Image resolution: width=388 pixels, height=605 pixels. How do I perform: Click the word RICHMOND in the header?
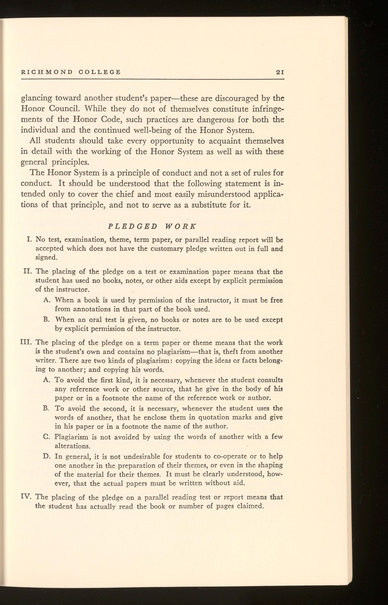click(x=46, y=72)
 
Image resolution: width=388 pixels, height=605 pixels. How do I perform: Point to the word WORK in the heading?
click(x=180, y=226)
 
